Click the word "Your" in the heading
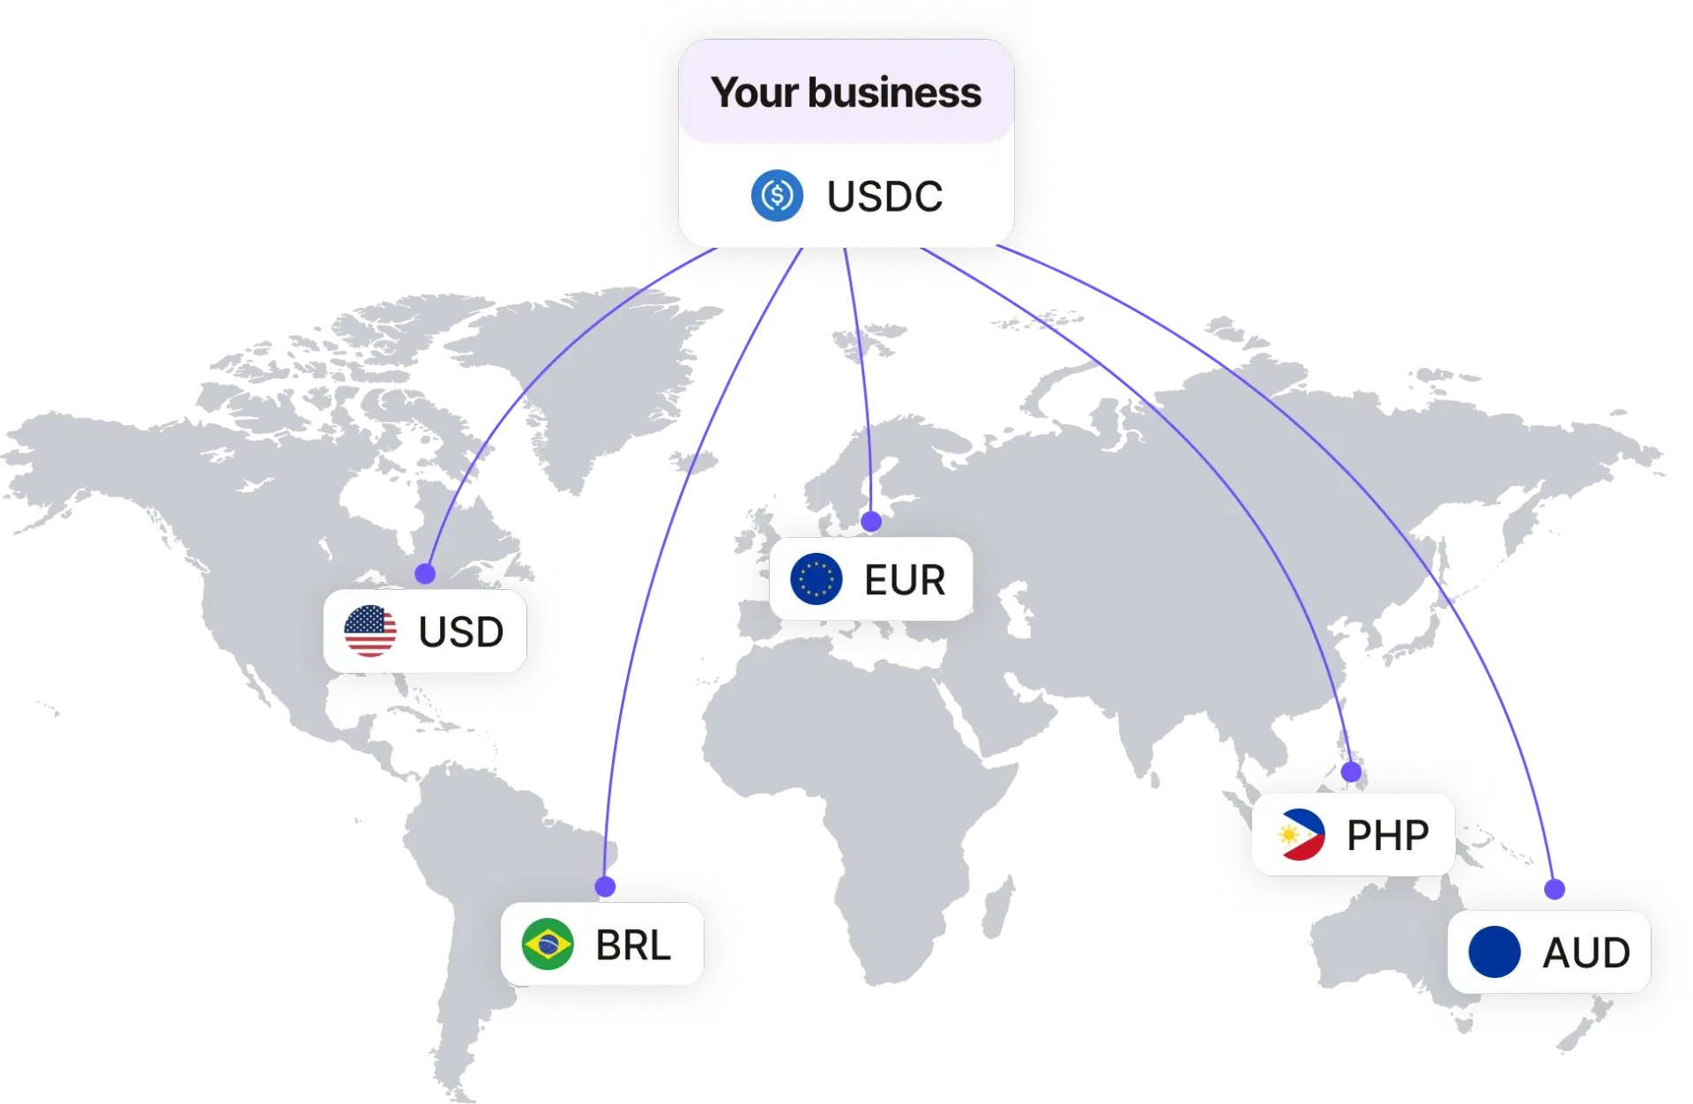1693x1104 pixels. (754, 93)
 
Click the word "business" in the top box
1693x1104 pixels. (894, 93)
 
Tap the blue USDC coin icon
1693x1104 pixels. (777, 196)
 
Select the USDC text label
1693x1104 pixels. (884, 196)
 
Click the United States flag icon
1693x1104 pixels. (370, 631)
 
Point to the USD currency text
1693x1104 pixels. (461, 631)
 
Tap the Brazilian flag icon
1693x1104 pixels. (548, 944)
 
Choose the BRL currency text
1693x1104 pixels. (633, 945)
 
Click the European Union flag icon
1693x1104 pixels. (817, 579)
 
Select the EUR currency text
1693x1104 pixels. (905, 580)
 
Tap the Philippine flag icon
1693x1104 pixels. (1301, 834)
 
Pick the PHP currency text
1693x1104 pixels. (1388, 835)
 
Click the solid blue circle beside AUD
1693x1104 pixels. (1495, 952)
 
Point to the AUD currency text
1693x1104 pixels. (1586, 952)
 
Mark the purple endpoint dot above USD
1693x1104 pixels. (426, 574)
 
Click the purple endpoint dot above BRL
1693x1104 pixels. (605, 886)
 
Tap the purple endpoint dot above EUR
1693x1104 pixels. (871, 522)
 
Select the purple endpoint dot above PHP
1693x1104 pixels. (1351, 772)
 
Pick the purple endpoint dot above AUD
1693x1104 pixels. (1555, 889)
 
